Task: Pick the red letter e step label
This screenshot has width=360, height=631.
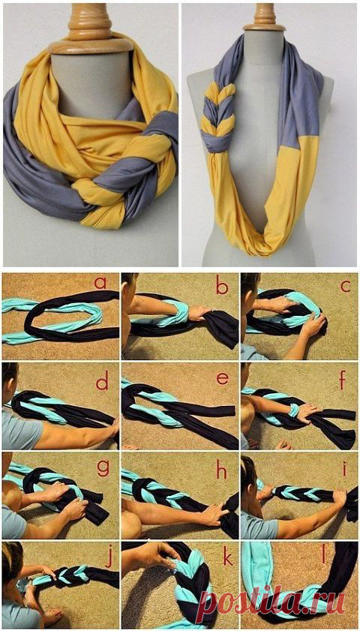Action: [x=222, y=379]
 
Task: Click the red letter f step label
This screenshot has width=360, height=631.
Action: [x=342, y=380]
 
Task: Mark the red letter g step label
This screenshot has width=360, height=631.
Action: [x=103, y=468]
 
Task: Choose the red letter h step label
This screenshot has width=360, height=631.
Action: [x=222, y=470]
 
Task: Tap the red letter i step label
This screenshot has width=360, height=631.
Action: [x=344, y=468]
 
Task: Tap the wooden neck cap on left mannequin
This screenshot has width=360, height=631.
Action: [x=90, y=29]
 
